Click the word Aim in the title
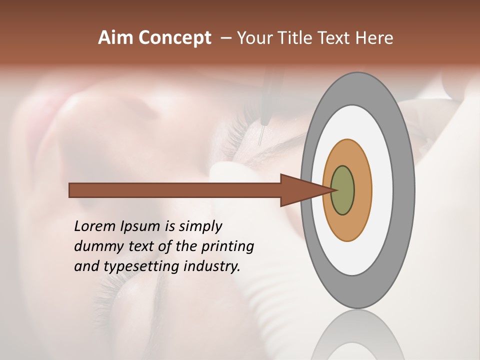[x=116, y=38]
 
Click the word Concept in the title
[x=174, y=38]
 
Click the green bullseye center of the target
[x=342, y=190]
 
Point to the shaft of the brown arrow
[x=175, y=190]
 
